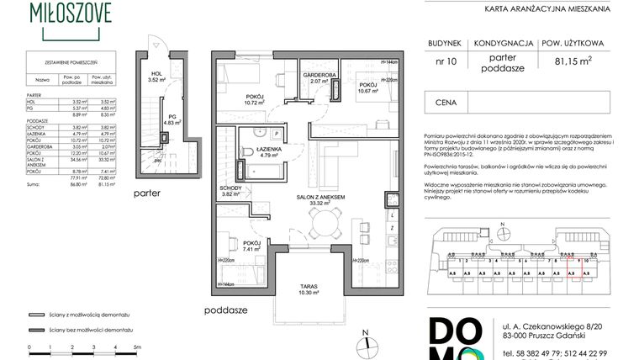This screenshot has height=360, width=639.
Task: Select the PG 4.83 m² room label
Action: pos(172,119)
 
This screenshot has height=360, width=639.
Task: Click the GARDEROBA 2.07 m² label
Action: pos(319,77)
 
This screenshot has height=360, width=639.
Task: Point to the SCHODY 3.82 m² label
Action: pos(230,190)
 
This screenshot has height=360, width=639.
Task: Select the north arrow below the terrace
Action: pos(367,336)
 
